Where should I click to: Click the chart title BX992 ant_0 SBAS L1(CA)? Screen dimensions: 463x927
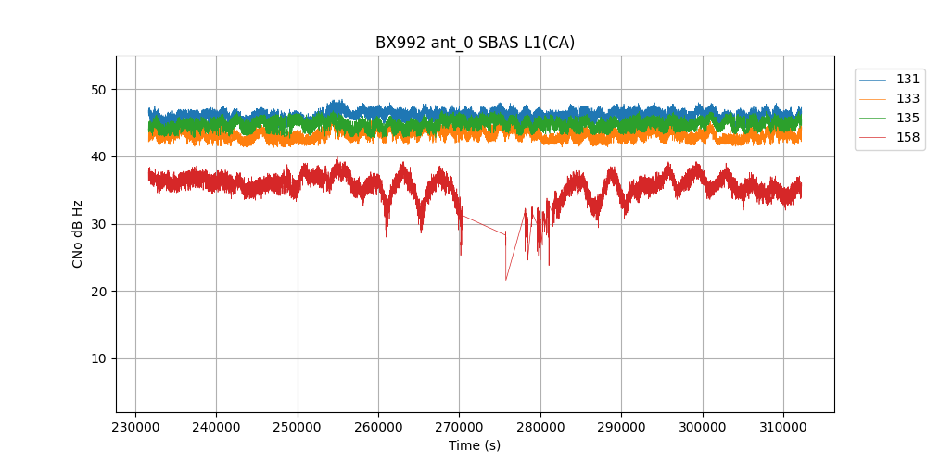point(475,43)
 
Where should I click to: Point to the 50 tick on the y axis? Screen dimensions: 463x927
point(98,90)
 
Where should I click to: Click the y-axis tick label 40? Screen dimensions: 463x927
point(98,157)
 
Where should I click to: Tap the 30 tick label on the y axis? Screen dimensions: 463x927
point(98,224)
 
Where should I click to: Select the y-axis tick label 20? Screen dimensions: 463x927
point(98,292)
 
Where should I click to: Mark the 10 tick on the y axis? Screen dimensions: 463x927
point(98,358)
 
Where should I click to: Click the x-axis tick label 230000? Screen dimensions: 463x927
point(135,427)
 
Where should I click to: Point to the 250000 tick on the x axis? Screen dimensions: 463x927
point(298,427)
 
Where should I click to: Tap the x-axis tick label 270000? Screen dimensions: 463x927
point(459,427)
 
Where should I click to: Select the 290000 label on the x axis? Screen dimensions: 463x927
point(621,427)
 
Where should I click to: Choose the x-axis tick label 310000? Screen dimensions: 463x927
point(783,427)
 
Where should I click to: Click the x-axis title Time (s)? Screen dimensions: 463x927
point(475,445)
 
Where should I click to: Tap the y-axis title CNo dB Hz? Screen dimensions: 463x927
point(78,233)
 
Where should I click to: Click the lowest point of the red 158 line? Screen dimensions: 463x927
point(506,280)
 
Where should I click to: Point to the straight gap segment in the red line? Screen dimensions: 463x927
point(483,225)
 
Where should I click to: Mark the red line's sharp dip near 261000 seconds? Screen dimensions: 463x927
point(387,235)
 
